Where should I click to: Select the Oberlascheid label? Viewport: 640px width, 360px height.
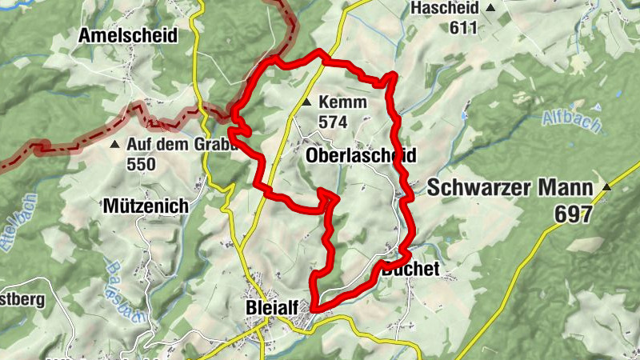click(361, 156)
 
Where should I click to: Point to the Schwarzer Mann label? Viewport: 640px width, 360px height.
click(510, 189)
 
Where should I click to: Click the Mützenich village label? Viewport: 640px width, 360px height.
click(146, 206)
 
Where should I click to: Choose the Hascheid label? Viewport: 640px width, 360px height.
click(444, 8)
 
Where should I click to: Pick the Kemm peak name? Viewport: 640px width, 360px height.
click(342, 102)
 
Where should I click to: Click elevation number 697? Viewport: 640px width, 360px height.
click(574, 214)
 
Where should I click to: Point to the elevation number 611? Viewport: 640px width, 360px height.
click(462, 28)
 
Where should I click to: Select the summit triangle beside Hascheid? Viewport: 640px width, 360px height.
click(490, 8)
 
